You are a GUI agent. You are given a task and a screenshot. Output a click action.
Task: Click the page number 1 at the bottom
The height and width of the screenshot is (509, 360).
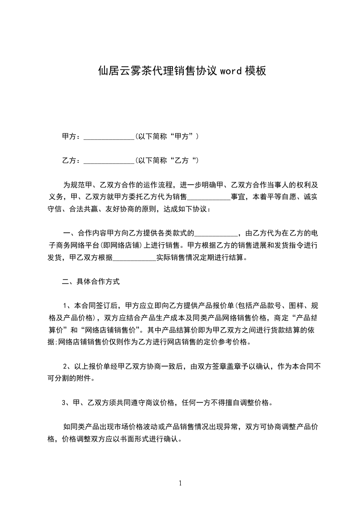(180, 483)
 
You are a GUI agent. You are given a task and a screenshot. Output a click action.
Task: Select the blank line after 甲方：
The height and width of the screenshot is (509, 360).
(109, 137)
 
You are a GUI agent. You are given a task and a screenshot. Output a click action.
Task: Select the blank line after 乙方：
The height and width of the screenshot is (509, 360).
(109, 161)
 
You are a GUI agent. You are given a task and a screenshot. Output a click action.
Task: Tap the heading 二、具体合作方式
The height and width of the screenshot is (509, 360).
(91, 282)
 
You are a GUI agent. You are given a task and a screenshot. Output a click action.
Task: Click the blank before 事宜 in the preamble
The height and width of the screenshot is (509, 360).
(209, 197)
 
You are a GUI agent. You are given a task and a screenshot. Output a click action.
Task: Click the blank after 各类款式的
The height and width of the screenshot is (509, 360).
(216, 234)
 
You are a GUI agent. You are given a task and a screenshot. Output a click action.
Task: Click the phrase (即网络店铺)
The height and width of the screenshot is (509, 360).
(123, 246)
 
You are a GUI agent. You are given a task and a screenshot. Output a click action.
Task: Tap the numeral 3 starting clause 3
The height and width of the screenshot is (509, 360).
(64, 402)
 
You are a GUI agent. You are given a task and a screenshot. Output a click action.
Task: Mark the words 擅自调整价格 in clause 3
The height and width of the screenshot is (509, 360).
(247, 402)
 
